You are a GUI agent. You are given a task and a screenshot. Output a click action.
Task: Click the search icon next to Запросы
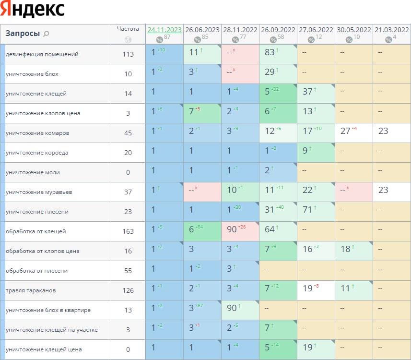[47, 34]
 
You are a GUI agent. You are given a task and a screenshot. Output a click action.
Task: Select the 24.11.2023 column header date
[164, 29]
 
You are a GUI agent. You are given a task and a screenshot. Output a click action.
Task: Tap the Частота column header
[128, 29]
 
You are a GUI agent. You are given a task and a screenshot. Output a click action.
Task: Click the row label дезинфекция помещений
[42, 54]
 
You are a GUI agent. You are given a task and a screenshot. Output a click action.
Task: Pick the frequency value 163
[128, 231]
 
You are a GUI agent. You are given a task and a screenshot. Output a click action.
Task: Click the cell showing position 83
[270, 52]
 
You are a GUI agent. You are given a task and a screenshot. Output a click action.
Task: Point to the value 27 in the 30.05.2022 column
[345, 131]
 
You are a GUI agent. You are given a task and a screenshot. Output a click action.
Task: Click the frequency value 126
[128, 290]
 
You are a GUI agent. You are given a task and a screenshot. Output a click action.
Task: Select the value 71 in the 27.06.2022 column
[307, 210]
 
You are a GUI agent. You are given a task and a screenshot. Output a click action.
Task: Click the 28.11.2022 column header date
[240, 29]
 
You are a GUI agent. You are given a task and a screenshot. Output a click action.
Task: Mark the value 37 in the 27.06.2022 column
[307, 92]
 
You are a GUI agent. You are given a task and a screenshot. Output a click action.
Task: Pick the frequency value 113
[128, 54]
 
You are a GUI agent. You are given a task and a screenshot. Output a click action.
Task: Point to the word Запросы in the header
[23, 34]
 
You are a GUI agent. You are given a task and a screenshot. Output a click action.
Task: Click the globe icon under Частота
[128, 40]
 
